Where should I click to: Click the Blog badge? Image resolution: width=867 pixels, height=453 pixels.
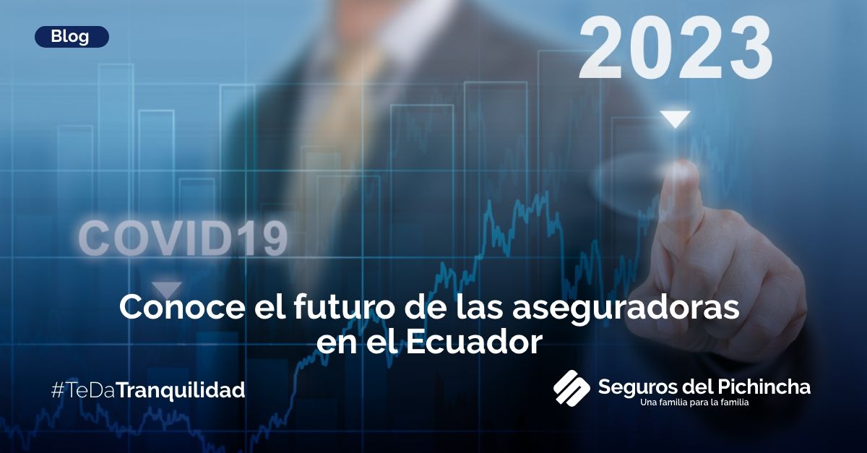click(71, 37)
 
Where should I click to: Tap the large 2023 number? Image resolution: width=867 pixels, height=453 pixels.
click(676, 49)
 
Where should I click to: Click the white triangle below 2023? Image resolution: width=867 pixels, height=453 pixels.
click(676, 119)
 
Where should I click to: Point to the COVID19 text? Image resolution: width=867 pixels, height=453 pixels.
click(183, 238)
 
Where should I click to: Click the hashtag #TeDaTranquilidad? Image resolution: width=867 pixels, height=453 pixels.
click(147, 391)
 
